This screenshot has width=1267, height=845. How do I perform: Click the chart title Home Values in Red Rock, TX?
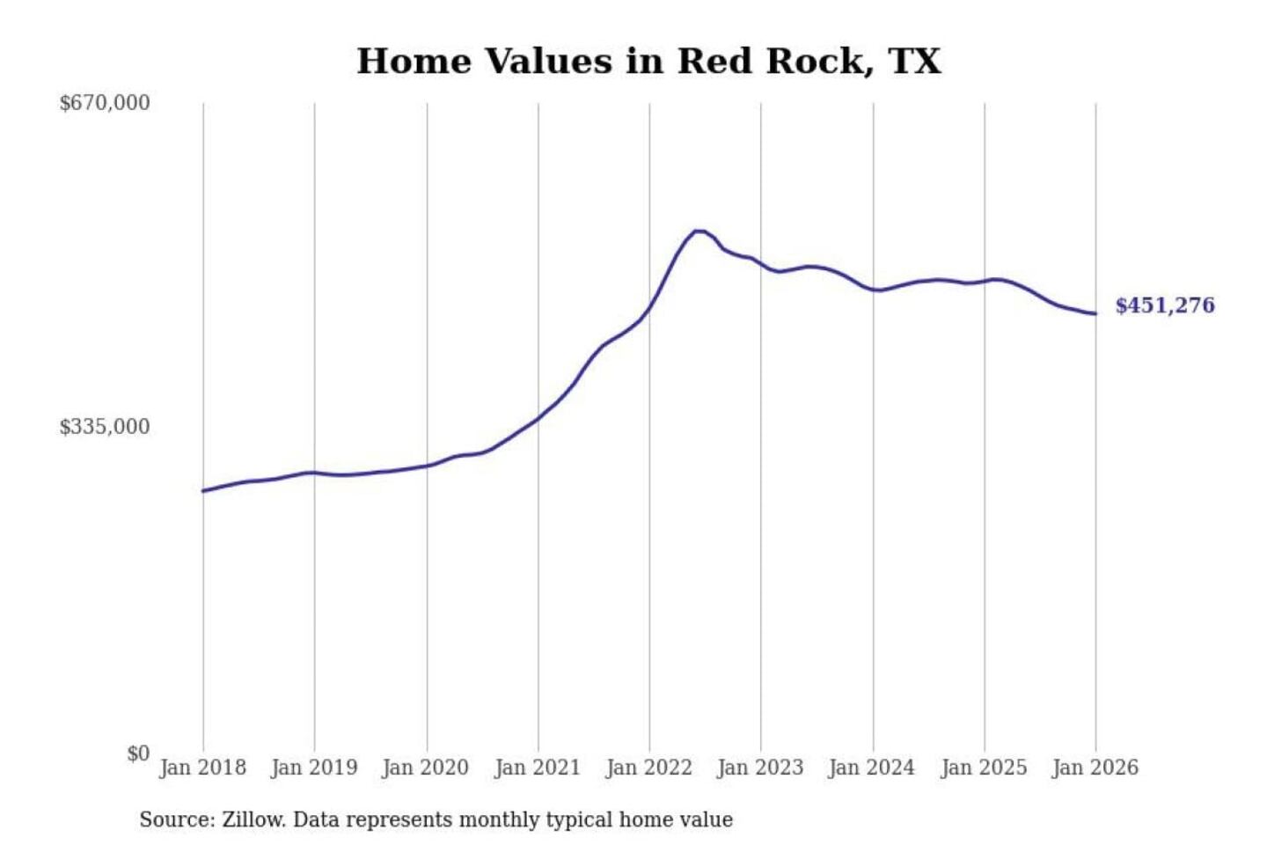[x=648, y=62]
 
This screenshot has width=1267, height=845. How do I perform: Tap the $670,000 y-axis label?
[x=105, y=103]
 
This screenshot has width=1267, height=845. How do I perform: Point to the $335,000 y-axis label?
[x=105, y=427]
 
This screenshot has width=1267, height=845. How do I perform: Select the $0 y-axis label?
[x=138, y=753]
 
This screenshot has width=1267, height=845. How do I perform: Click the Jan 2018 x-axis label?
[x=202, y=768]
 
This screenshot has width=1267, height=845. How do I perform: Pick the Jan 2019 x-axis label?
[x=314, y=768]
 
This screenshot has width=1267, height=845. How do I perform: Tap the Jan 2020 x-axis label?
[x=426, y=768]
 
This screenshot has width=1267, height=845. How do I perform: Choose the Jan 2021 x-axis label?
[x=538, y=768]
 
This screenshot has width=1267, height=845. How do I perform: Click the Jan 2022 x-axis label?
[x=649, y=768]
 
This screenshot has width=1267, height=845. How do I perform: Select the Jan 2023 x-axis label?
[x=760, y=768]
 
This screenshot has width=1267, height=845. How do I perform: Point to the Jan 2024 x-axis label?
[x=872, y=768]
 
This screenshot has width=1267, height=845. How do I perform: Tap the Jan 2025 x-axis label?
[x=984, y=768]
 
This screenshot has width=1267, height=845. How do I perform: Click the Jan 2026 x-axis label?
[x=1095, y=768]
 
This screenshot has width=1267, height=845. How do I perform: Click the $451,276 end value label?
[x=1165, y=305]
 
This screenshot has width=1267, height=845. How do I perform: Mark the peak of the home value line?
[x=699, y=231]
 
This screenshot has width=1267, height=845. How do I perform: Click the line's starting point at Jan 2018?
[x=203, y=490]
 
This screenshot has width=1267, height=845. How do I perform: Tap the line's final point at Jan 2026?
[x=1095, y=313]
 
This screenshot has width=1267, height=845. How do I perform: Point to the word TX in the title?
[x=915, y=62]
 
